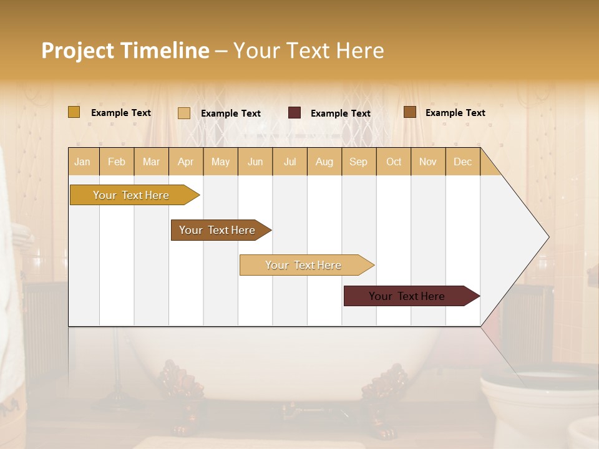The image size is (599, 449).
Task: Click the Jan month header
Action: (82, 162)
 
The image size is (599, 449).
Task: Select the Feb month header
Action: (117, 162)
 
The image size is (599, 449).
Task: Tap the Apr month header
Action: (185, 162)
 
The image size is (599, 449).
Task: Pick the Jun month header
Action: (255, 162)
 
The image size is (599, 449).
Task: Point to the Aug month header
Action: (324, 162)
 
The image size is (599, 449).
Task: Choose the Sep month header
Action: (358, 162)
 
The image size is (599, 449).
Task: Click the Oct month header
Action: (394, 162)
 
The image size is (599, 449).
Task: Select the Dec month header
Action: (462, 162)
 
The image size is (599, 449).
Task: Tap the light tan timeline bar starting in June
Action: (304, 265)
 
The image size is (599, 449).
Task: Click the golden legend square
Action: (74, 112)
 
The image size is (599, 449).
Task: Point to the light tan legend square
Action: (184, 113)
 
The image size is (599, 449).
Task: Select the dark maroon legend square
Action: (295, 113)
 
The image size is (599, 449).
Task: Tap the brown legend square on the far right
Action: (410, 112)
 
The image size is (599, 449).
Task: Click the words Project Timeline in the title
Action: (125, 51)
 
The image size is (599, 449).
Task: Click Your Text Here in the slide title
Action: (309, 51)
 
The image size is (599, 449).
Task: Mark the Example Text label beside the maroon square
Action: (340, 113)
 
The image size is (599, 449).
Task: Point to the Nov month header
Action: (427, 162)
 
